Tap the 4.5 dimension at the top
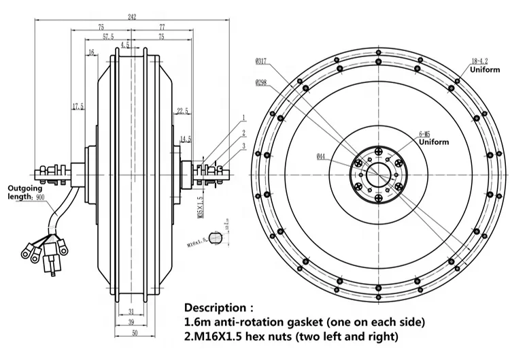(124, 45)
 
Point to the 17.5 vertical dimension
(77, 106)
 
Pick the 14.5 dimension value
(186, 139)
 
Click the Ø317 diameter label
(262, 62)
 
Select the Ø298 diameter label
(262, 84)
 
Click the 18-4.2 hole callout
(478, 61)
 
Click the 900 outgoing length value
(40, 197)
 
